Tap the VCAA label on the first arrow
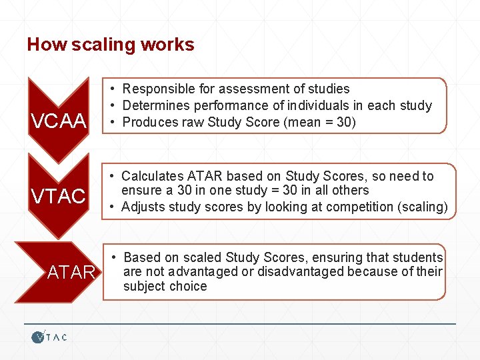[59, 121]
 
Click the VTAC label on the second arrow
[59, 197]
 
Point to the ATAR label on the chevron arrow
[71, 272]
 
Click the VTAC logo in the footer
[49, 337]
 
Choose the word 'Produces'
[150, 122]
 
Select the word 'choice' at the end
[188, 286]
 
